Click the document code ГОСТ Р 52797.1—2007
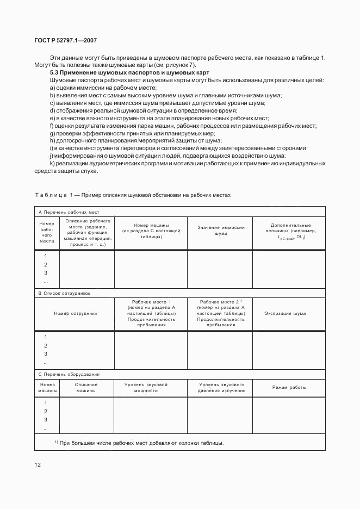coord(66,40)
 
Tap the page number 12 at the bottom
coord(38,464)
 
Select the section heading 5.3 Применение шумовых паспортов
coord(129,73)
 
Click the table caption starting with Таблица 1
coord(133,194)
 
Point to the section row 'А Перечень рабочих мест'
coord(69,212)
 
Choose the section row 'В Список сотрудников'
coord(64,293)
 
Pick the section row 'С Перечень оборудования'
coord(68,374)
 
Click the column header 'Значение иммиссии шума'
coord(220,230)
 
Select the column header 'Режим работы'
coord(289,387)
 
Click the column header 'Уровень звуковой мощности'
coord(146,387)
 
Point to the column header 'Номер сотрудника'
coord(75,313)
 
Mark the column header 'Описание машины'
coord(86,387)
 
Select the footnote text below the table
coord(139,443)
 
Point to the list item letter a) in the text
coord(52,88)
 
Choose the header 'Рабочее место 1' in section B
coord(151,301)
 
